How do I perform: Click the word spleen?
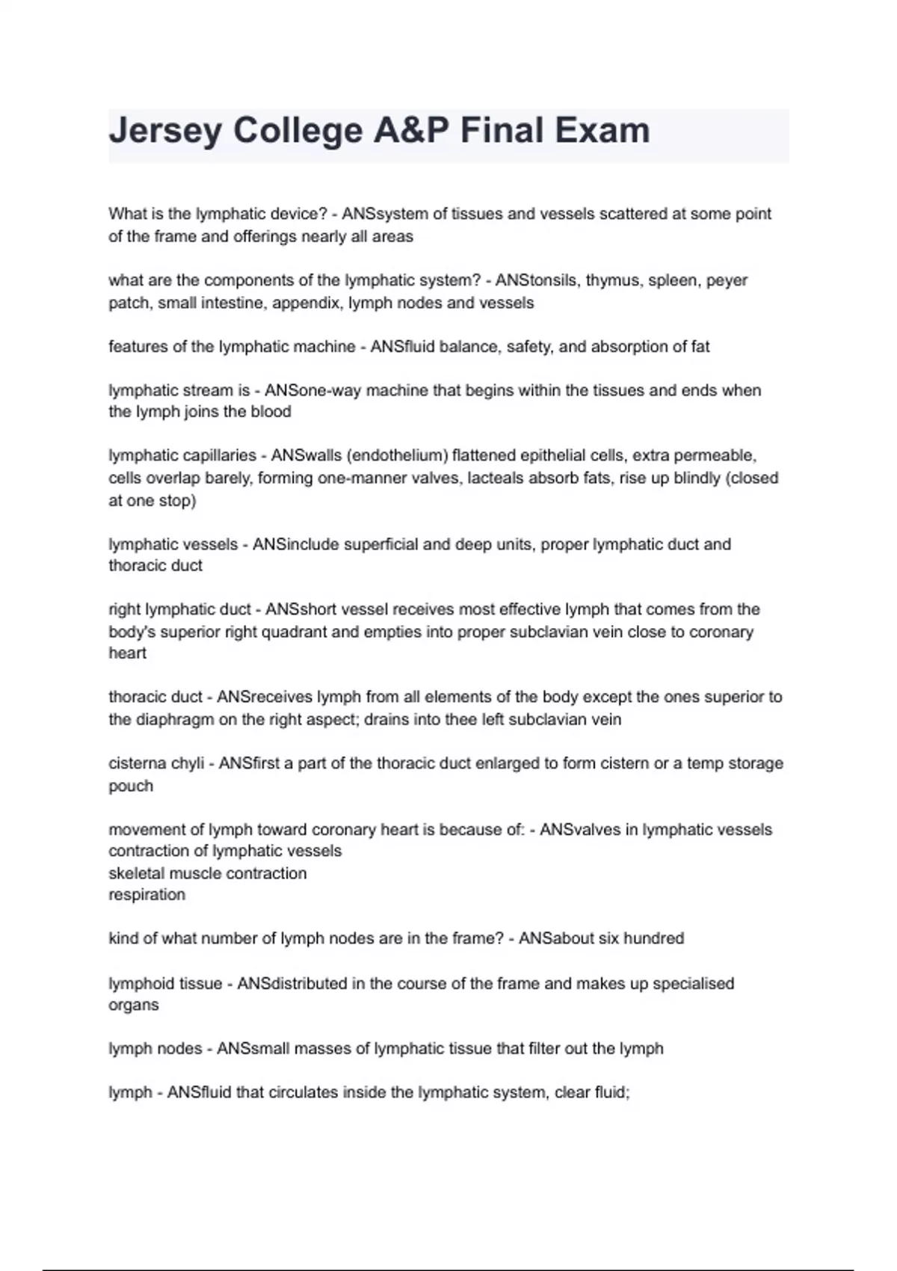[672, 280]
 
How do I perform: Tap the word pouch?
[131, 786]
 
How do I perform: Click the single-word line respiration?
[147, 895]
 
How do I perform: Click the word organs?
[134, 1005]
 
